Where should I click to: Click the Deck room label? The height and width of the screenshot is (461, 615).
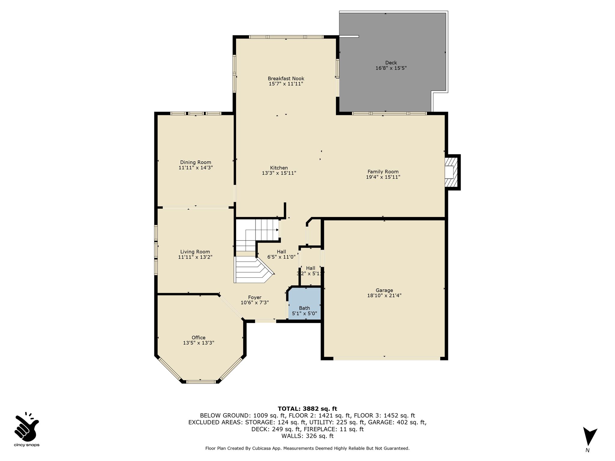(391, 63)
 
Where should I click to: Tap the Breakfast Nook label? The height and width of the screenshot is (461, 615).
(286, 79)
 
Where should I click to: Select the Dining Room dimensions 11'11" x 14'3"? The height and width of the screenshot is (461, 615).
(195, 168)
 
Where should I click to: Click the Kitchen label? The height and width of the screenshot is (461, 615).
(279, 168)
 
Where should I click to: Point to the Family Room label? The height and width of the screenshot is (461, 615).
(383, 172)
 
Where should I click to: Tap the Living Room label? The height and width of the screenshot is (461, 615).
(195, 252)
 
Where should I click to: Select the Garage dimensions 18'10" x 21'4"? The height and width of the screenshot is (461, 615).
(384, 295)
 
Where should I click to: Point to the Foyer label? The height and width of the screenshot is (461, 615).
(254, 297)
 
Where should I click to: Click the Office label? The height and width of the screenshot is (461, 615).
(198, 338)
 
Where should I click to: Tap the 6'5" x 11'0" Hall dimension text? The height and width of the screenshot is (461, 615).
(281, 257)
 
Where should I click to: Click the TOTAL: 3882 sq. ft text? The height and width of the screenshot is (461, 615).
(307, 408)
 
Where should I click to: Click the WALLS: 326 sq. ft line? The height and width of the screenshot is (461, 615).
(307, 436)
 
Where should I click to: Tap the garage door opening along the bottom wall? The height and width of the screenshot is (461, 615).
(387, 358)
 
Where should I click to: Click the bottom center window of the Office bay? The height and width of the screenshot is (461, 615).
(201, 382)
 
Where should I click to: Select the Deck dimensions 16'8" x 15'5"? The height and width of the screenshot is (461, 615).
(391, 68)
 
